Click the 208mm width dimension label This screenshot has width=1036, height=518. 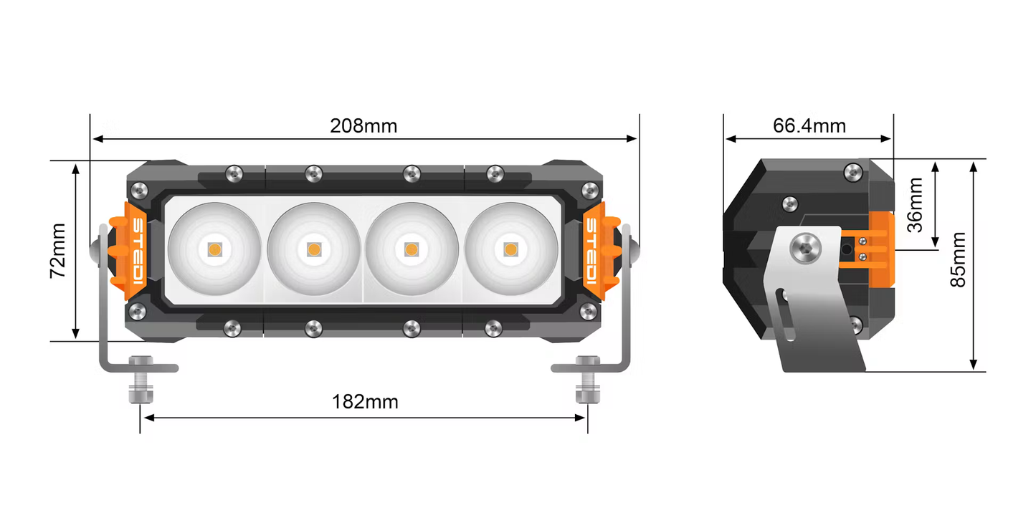[363, 126]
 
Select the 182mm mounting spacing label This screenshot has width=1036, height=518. [364, 402]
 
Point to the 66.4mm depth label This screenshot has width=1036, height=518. [809, 126]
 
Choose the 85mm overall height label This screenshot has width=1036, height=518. [958, 259]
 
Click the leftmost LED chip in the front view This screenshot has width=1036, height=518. [214, 249]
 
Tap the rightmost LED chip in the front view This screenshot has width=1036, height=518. [510, 249]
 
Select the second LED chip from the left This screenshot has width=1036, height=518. [313, 249]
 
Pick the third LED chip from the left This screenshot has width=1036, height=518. [411, 249]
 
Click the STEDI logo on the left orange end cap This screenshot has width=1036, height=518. [137, 250]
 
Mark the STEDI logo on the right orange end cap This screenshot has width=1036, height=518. [592, 250]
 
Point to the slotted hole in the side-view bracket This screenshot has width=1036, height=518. [787, 314]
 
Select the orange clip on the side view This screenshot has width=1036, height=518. [881, 247]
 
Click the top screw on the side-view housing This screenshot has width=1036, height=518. [852, 171]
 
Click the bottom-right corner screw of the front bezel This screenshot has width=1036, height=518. [588, 311]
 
